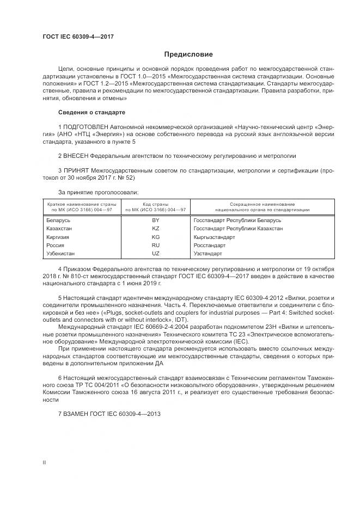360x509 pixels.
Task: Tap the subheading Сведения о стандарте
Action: coord(91,112)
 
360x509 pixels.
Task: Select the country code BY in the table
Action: coord(156,220)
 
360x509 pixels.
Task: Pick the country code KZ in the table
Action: coord(156,229)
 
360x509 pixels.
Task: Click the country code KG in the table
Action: coord(156,237)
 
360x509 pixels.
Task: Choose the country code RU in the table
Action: coord(156,246)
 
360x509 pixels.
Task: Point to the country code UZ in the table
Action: coord(156,254)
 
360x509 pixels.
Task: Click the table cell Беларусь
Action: coord(58,220)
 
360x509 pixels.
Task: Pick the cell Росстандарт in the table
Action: coord(210,246)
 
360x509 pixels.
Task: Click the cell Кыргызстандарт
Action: coord(214,237)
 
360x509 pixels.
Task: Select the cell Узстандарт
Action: coord(208,254)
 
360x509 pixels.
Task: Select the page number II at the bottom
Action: coord(45,462)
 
